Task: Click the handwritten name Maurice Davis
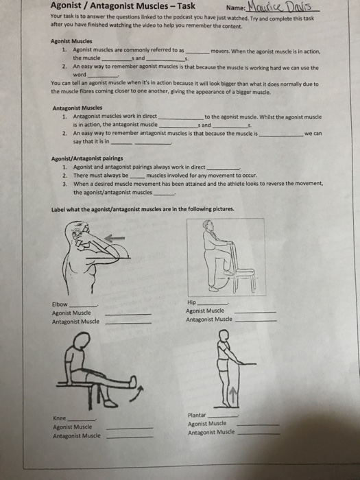pos(280,6)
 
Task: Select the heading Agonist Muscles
pos(71,41)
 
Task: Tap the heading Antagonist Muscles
pos(77,108)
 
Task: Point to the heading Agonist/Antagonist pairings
pos(87,158)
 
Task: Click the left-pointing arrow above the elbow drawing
pos(115,238)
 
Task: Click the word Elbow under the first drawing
pos(60,304)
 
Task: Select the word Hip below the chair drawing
pos(191,302)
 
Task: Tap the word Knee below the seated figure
pos(60,418)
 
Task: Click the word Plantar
pos(197,415)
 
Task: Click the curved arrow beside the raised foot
pos(136,394)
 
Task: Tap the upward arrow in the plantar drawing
pos(232,395)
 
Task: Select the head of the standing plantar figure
pos(224,335)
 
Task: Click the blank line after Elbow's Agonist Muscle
pos(128,314)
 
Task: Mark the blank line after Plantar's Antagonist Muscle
pos(259,434)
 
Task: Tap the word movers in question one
pos(219,51)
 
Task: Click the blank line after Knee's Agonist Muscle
pos(130,428)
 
